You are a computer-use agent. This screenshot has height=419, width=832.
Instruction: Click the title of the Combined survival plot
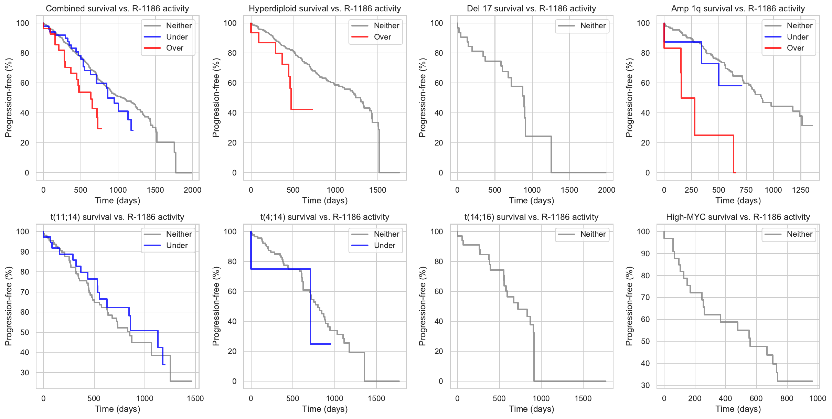(117, 9)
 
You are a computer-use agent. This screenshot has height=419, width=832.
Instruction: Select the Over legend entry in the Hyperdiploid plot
(382, 37)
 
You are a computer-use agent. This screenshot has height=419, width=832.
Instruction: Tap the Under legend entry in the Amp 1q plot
(797, 37)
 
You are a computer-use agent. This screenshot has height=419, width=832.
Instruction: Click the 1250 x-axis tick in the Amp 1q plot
(800, 190)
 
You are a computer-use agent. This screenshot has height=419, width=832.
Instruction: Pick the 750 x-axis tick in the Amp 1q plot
(746, 190)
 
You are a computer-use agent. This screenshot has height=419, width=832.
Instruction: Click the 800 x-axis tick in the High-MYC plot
(787, 399)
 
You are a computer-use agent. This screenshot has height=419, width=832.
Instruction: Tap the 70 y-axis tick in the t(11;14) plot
(25, 292)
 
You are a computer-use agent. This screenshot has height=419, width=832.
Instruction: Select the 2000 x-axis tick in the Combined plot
(192, 190)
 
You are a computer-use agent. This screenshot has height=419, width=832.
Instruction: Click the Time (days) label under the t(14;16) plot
(531, 409)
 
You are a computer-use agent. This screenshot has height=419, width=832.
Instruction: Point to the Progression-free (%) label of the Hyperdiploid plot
(216, 98)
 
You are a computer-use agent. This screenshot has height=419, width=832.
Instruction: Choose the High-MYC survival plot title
(738, 217)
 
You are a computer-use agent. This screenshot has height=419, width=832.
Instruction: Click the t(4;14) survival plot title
(324, 217)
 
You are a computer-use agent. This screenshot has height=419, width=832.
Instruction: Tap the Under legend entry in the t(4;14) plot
(384, 246)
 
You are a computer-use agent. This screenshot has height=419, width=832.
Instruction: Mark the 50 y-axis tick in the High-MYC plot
(645, 341)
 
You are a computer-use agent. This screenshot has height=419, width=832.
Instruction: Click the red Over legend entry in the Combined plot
(174, 48)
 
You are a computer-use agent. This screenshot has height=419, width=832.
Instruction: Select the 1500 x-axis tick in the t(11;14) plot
(195, 399)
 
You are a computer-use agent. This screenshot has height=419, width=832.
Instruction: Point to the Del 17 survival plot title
(531, 9)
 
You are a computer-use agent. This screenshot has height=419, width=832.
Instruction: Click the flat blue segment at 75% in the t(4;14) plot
(280, 269)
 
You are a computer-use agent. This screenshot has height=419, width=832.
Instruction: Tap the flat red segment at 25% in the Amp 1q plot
(714, 136)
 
